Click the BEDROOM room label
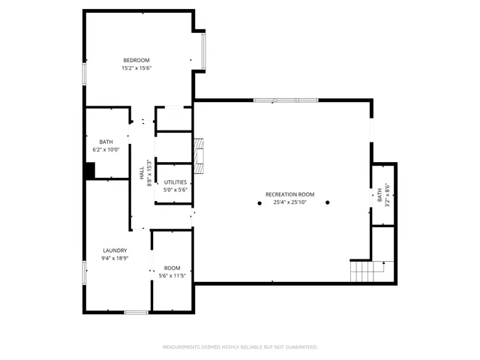coord(136,60)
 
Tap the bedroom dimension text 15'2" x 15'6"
coord(136,68)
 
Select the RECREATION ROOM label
coord(289,194)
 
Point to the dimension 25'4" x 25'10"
coord(289,202)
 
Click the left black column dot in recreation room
coord(259,203)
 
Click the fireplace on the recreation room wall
coord(199,155)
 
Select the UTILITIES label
coord(175,182)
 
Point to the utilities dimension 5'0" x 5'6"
coord(175,190)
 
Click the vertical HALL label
coord(141,172)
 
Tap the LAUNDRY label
coord(115,250)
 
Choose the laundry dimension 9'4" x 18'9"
coord(115,259)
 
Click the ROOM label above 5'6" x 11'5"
coord(172,268)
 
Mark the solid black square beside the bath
coord(89,172)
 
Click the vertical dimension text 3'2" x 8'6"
coord(387,196)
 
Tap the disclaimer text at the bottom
coord(240,347)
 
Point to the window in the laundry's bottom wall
coord(136,311)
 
